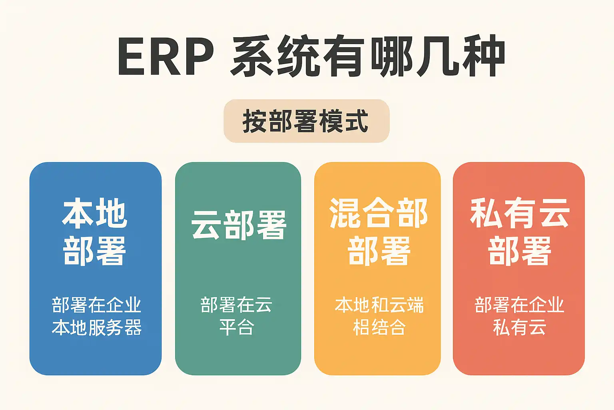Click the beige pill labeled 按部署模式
click(x=307, y=121)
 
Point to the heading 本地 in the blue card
click(x=95, y=213)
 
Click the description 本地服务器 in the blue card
click(x=97, y=327)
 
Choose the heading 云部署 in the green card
click(x=239, y=225)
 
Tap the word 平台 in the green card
click(x=237, y=327)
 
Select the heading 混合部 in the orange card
click(x=379, y=213)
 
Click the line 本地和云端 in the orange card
click(x=379, y=305)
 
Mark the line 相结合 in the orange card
click(x=379, y=327)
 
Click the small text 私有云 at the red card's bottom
click(x=519, y=327)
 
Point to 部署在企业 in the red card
click(x=519, y=305)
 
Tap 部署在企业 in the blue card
click(x=96, y=305)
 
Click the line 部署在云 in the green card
click(x=236, y=305)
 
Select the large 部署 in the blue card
click(x=95, y=251)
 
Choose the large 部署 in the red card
click(x=520, y=251)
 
